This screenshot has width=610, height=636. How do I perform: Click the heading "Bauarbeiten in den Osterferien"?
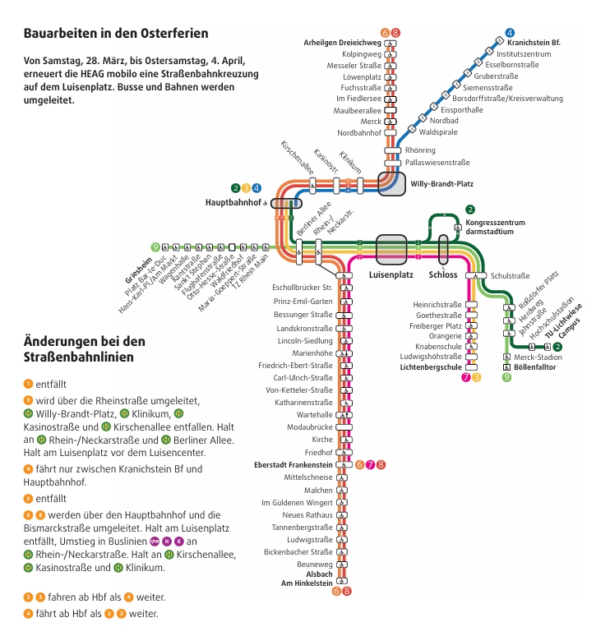116,34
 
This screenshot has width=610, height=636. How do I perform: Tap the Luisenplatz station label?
390,274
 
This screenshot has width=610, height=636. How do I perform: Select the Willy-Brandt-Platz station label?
441,184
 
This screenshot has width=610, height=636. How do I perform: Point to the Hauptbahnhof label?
233,202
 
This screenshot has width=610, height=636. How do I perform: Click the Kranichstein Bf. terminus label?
534,43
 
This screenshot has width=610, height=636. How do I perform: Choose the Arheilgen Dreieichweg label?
342,43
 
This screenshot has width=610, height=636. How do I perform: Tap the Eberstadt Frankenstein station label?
293,465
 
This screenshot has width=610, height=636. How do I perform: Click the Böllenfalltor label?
535,367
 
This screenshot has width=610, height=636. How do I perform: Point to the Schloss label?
443,274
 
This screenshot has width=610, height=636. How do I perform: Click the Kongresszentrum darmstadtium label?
495,227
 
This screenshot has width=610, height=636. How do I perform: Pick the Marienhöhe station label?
312,353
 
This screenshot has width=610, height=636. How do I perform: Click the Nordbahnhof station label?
359,133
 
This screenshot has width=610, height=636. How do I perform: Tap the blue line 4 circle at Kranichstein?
510,33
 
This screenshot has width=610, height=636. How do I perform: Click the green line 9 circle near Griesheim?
155,247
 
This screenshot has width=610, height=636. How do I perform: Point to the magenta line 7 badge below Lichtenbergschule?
466,378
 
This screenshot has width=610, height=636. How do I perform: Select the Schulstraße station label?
510,276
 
